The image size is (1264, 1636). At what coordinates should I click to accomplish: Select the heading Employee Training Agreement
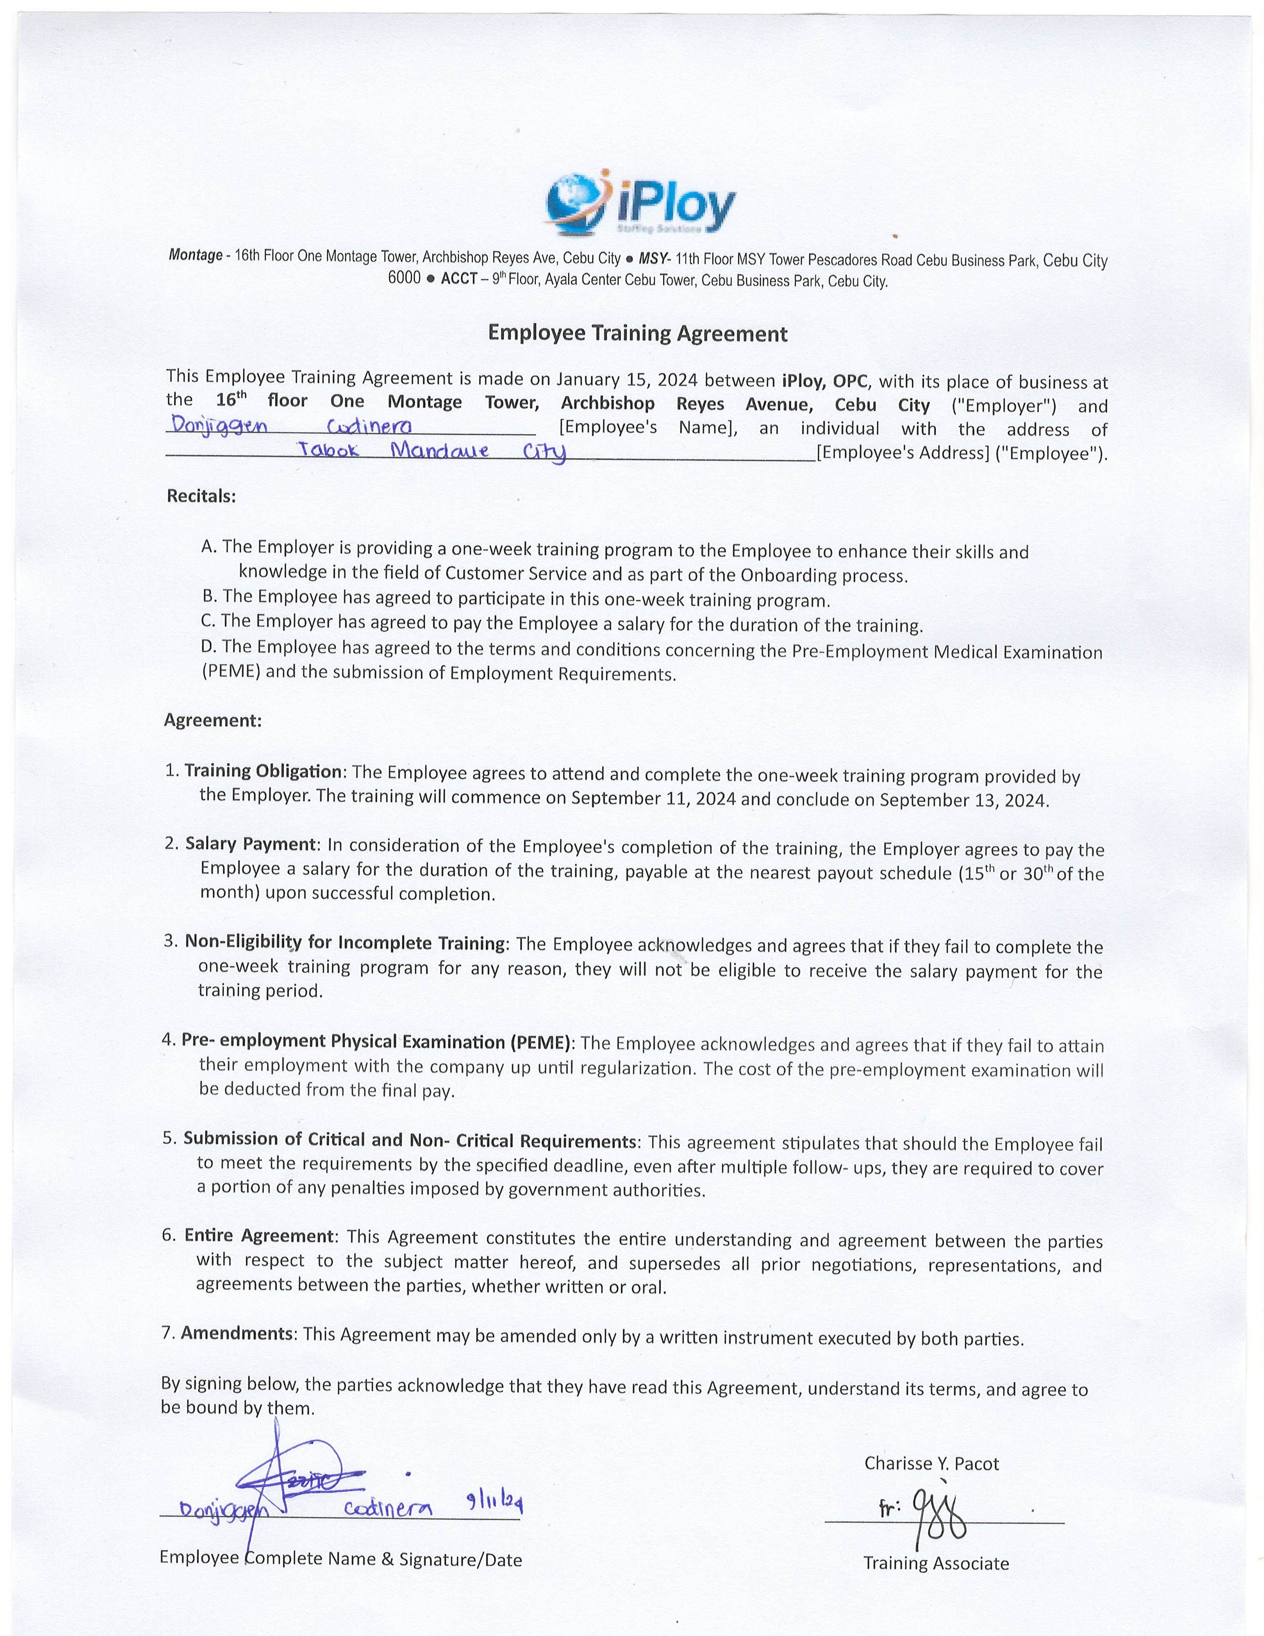(637, 333)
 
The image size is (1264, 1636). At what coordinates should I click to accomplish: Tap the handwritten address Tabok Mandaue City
(432, 452)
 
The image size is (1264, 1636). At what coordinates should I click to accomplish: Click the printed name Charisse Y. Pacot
(931, 1463)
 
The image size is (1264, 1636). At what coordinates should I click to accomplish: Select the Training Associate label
(936, 1563)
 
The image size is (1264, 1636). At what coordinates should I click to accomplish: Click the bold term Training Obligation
(263, 771)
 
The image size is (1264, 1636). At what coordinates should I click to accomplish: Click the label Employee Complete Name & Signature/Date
(341, 1560)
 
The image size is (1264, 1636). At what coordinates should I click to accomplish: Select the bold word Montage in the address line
(195, 255)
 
